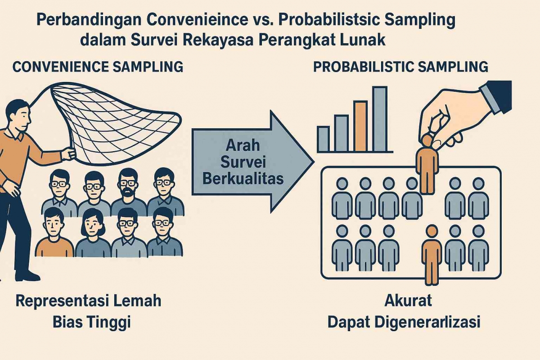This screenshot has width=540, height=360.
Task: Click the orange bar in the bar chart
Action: pos(360,126)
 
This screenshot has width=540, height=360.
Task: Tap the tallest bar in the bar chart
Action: pos(379,119)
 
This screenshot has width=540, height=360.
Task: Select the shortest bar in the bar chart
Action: pos(323,139)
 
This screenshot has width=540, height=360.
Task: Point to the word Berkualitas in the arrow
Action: pos(243,179)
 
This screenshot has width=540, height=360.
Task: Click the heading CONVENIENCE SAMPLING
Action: pos(98,67)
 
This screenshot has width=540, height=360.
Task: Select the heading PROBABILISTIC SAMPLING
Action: pos(400,67)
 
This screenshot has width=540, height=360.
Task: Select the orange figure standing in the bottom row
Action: pos(432,254)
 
